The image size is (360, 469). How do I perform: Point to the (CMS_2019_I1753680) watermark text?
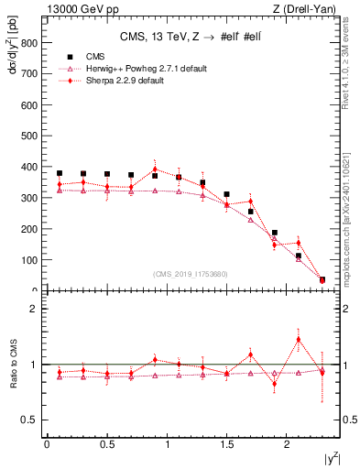[x=189, y=273]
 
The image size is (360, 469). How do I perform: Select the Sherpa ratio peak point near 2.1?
[x=298, y=340]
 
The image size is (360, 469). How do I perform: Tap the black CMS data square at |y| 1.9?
[x=274, y=233]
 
